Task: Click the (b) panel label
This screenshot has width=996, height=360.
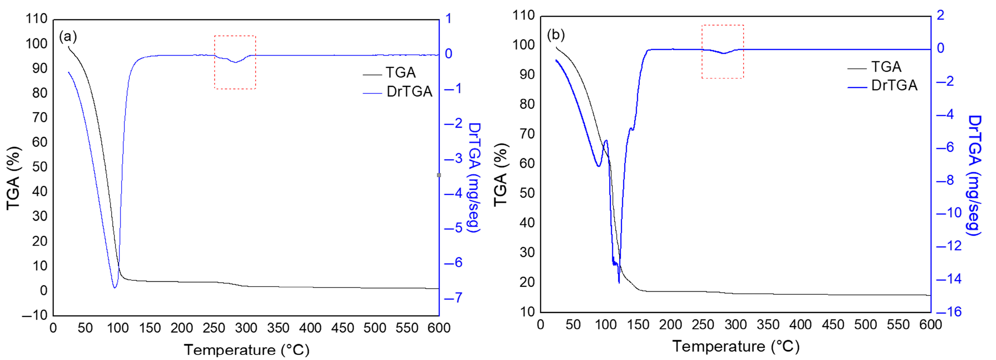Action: coord(556,35)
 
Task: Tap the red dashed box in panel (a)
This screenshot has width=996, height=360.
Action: coord(235,62)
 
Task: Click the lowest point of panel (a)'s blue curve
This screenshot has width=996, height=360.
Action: coord(115,287)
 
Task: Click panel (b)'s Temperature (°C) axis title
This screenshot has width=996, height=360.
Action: coord(736,346)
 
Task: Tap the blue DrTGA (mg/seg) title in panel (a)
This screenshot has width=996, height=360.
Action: coord(474,178)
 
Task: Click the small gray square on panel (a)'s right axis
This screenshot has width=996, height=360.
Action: coord(439,175)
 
